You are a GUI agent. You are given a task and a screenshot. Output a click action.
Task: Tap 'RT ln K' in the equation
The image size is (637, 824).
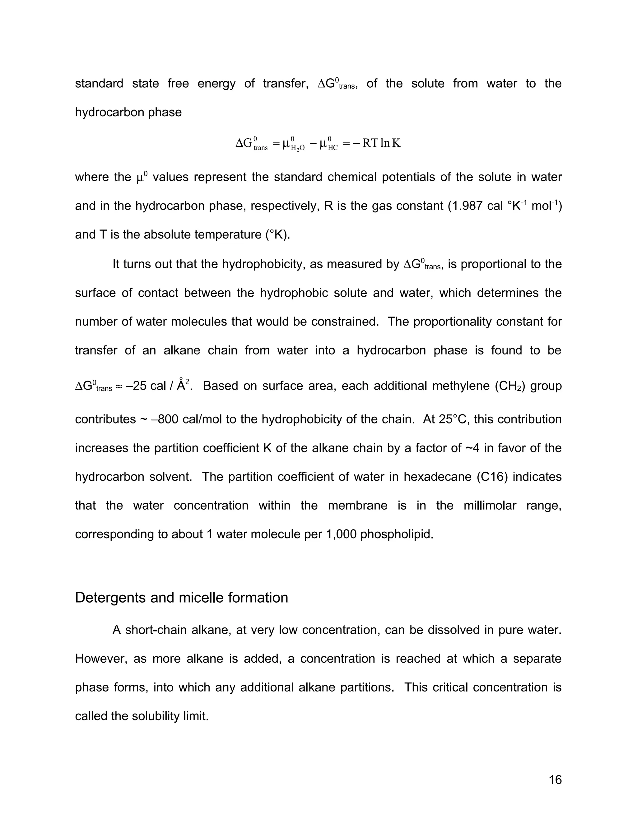click(x=381, y=143)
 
